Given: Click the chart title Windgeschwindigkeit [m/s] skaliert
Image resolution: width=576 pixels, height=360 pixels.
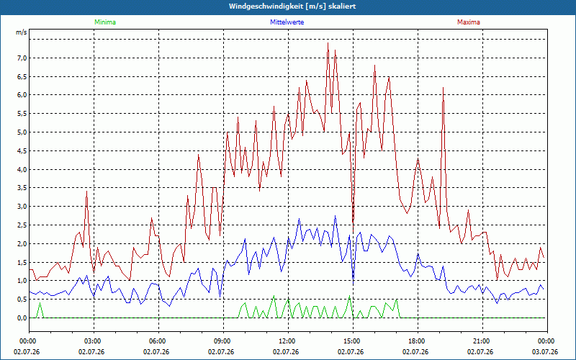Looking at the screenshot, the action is coord(292,6).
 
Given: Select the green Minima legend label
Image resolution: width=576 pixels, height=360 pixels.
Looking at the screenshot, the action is coord(105,22).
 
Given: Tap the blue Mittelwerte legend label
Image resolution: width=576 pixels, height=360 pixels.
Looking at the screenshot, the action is coord(287,22).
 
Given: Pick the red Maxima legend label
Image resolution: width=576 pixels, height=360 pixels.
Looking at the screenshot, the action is coord(469,22).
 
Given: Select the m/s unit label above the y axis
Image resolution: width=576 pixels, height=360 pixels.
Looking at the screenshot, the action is coord(21,32).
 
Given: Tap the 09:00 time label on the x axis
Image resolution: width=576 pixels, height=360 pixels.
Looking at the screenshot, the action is coord(223,341).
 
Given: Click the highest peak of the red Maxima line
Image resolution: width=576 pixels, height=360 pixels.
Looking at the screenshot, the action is coord(328,43).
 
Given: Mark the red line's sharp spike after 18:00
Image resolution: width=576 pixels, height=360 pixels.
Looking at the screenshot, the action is coord(444,87).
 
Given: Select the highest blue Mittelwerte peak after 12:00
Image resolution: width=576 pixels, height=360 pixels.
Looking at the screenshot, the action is coord(335,215).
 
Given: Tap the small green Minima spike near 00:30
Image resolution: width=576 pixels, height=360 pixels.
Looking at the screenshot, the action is coord(40,302).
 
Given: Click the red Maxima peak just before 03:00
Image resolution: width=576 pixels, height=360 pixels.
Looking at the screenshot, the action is coord(86,191).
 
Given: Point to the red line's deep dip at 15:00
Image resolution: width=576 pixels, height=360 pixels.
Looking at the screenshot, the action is coord(353,228).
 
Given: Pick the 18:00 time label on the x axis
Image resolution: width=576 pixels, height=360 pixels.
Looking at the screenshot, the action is coord(418,341).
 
